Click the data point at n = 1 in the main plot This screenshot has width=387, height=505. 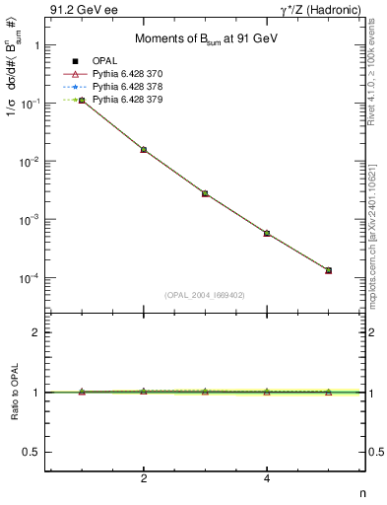click(x=82, y=101)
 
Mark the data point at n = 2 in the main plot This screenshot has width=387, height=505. click(x=144, y=150)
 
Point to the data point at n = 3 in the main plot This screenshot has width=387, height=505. click(x=205, y=193)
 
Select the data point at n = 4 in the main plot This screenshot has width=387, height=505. click(x=267, y=233)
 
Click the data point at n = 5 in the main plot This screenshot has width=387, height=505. click(x=328, y=270)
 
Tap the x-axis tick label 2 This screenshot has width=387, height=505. click(x=144, y=479)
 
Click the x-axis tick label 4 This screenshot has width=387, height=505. click(x=267, y=479)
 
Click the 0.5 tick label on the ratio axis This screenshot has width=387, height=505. click(x=32, y=452)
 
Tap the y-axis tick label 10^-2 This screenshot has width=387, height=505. click(x=30, y=161)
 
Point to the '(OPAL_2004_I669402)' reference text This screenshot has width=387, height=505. click(x=204, y=294)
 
